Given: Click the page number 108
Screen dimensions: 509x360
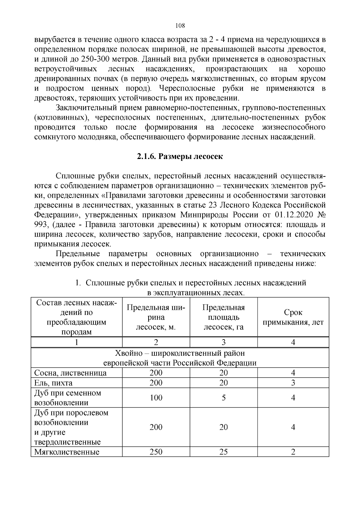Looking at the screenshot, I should point(180,26).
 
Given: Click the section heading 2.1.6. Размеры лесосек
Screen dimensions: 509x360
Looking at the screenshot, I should point(180,157).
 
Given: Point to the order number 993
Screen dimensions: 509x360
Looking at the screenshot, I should point(40,225).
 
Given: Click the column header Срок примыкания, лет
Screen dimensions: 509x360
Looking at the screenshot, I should point(293,317).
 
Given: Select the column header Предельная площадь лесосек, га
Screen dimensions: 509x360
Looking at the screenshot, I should point(223,317).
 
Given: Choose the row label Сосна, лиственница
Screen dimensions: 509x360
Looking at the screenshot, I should point(70,373).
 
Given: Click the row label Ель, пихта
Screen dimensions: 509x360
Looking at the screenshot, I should point(53,383).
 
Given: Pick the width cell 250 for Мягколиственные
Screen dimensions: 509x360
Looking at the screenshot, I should point(156,452).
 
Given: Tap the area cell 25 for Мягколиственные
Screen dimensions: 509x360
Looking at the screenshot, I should point(223,452).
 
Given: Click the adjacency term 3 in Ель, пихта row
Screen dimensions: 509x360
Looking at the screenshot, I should point(293,383).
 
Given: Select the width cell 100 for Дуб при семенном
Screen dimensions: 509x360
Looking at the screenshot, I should point(156,398).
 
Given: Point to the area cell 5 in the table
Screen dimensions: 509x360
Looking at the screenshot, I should point(223,398).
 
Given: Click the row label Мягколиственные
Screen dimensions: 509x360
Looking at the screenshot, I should point(67,452).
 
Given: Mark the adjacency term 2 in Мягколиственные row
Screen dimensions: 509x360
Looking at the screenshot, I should point(293,452).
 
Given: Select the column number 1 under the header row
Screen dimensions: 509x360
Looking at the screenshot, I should point(77,342).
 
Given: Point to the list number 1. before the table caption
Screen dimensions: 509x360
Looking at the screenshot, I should point(78,283).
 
